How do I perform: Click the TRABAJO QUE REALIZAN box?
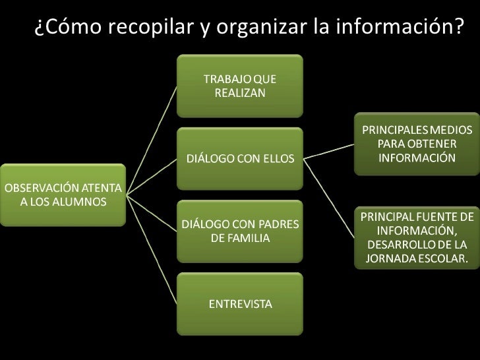click(x=240, y=86)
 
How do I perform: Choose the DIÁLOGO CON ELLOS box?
click(x=240, y=159)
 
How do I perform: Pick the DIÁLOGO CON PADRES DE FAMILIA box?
click(x=240, y=231)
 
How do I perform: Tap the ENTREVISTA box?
click(x=240, y=303)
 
